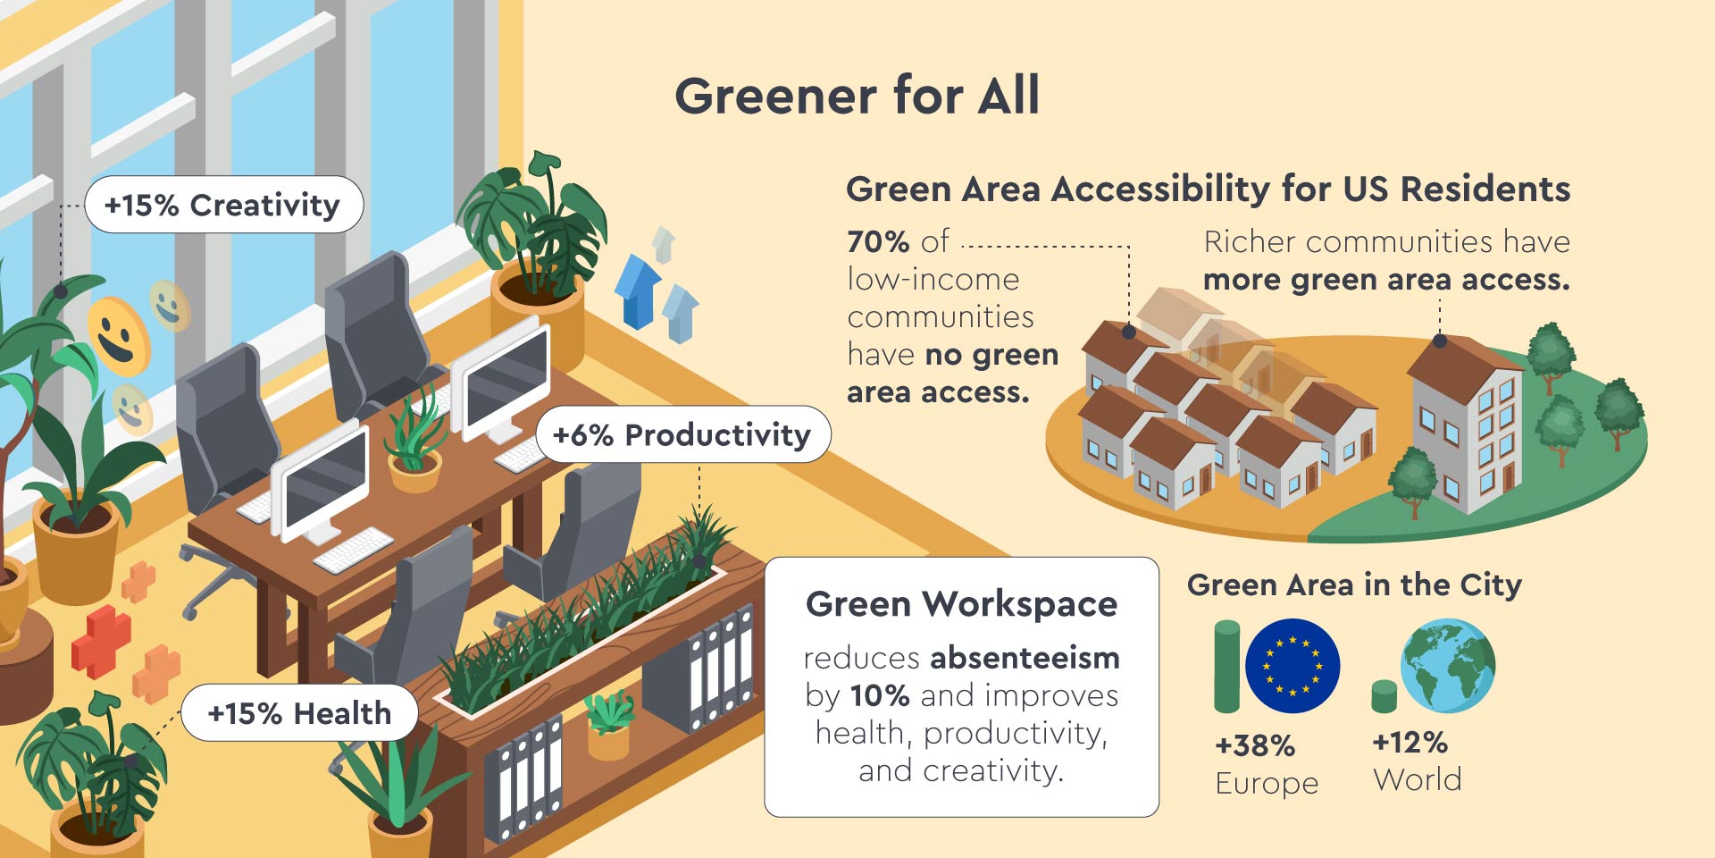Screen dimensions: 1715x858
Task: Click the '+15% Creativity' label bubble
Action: [x=223, y=205]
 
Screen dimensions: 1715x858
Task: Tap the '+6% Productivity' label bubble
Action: [x=682, y=434]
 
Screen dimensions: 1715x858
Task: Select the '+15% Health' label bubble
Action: [x=299, y=713]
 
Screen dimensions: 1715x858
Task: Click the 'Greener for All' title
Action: [x=857, y=96]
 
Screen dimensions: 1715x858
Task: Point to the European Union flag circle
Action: [x=1293, y=666]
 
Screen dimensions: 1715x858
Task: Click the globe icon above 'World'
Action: [x=1448, y=666]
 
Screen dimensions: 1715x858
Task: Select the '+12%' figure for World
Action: [x=1410, y=743]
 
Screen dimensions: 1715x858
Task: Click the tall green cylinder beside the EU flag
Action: [x=1227, y=667]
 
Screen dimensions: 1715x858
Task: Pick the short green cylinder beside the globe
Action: [x=1384, y=696]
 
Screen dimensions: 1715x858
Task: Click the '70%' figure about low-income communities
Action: [x=878, y=241]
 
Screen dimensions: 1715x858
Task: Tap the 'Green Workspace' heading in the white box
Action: [x=961, y=604]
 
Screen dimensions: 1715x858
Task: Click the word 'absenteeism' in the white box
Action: [x=1025, y=658]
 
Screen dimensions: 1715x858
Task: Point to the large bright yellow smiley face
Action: [x=118, y=336]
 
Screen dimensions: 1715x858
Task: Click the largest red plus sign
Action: [x=101, y=641]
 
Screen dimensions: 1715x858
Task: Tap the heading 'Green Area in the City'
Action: [x=1354, y=585]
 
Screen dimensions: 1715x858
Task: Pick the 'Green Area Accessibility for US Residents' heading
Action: [x=1208, y=189]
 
